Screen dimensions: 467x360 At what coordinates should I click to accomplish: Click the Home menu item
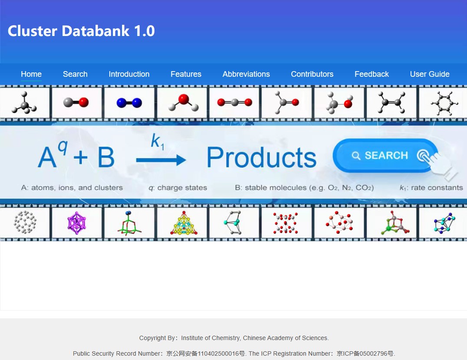pyautogui.click(x=31, y=74)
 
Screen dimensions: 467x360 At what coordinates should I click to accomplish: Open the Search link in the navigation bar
pyautogui.click(x=75, y=74)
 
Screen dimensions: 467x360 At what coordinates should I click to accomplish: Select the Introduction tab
pyautogui.click(x=129, y=74)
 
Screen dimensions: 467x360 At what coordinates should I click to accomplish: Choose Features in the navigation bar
pyautogui.click(x=186, y=74)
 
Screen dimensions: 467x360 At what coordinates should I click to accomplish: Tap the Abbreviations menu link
pyautogui.click(x=246, y=74)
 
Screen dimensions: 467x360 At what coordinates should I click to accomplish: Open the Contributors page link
pyautogui.click(x=312, y=74)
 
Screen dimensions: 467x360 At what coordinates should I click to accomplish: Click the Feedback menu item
pyautogui.click(x=372, y=74)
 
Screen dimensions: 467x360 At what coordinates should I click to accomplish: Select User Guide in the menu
pyautogui.click(x=430, y=74)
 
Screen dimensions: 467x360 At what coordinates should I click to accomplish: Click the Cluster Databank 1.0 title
pyautogui.click(x=81, y=31)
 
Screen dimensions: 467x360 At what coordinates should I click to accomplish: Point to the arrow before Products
pyautogui.click(x=161, y=160)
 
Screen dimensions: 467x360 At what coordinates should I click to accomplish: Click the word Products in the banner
pyautogui.click(x=262, y=157)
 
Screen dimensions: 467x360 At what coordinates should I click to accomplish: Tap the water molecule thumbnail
pyautogui.click(x=183, y=103)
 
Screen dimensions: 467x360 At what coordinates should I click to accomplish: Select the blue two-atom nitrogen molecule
pyautogui.click(x=129, y=103)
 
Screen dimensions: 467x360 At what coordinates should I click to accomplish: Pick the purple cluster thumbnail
pyautogui.click(x=77, y=223)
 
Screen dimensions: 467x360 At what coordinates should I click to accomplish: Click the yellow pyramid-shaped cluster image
pyautogui.click(x=184, y=223)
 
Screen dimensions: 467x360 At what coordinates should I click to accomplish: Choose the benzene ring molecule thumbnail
pyautogui.click(x=444, y=103)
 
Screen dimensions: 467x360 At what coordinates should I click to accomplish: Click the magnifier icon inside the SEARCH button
pyautogui.click(x=356, y=156)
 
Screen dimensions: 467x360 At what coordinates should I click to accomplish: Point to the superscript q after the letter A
pyautogui.click(x=63, y=147)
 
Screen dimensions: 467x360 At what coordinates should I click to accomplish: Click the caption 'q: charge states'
pyautogui.click(x=178, y=188)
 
